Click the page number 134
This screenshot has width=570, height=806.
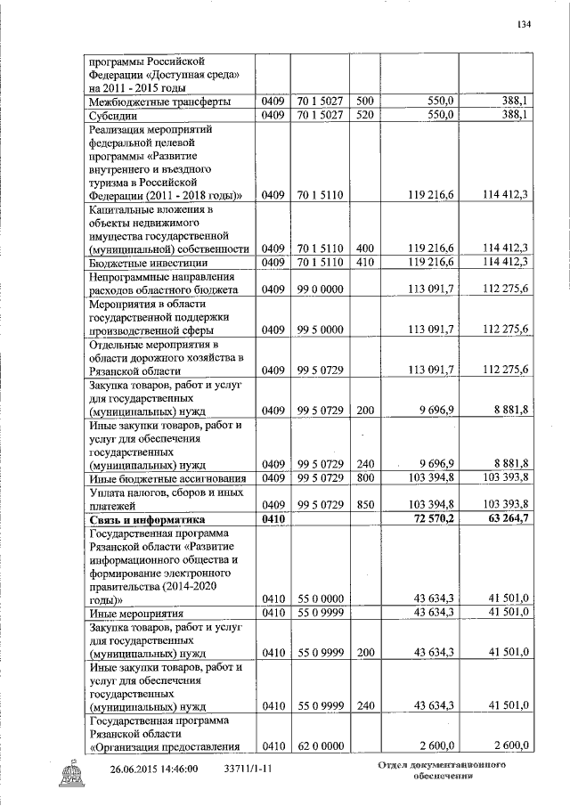tap(524, 24)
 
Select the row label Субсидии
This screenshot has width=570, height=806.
tap(111, 115)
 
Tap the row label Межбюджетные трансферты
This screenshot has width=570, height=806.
tap(147, 102)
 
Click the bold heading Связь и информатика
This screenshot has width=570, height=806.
tap(147, 518)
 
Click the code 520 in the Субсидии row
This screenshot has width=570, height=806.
tap(363, 115)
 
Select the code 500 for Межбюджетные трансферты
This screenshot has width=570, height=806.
tap(363, 102)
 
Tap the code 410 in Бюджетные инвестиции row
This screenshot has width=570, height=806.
tap(363, 262)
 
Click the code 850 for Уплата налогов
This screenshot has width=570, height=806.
tap(363, 505)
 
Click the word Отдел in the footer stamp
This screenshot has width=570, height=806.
tap(395, 766)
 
